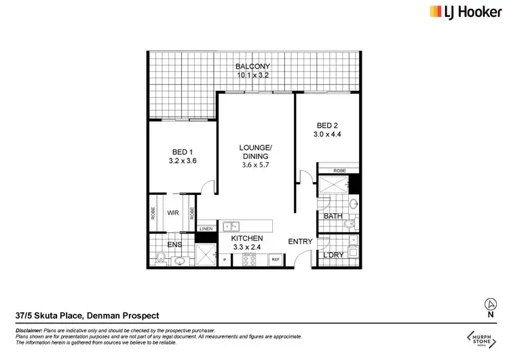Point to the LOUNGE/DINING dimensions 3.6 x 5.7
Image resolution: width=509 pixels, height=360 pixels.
click(254, 165)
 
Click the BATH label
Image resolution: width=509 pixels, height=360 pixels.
click(333, 217)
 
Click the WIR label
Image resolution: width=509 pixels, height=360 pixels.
click(173, 213)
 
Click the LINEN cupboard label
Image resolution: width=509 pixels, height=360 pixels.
click(206, 229)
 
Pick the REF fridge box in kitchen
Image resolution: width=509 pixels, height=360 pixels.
click(276, 259)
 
